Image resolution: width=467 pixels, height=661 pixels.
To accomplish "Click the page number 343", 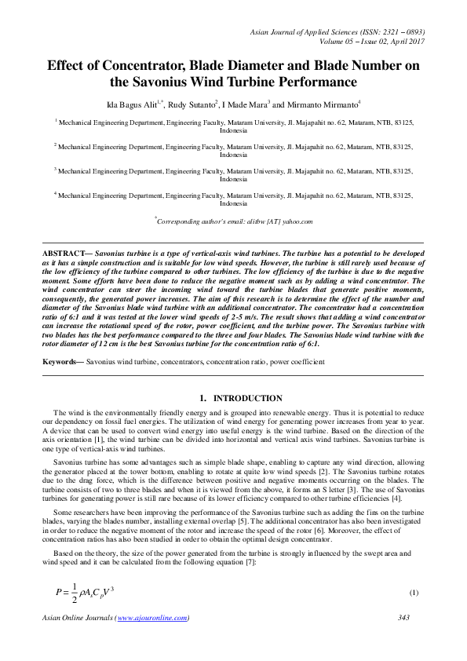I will [x=404, y=618].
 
